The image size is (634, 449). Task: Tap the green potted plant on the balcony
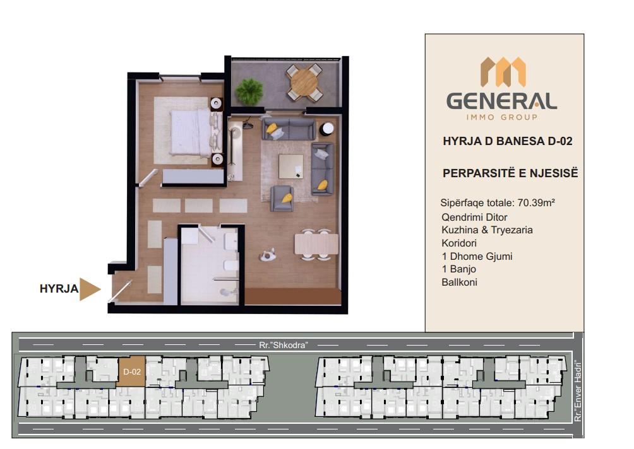(x=249, y=91)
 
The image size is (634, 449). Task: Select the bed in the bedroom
(x=191, y=132)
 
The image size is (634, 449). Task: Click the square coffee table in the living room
(x=290, y=166)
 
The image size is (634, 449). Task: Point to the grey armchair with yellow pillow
(x=282, y=198)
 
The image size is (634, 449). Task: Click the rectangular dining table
(x=316, y=244)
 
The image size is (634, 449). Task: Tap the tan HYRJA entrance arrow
(x=90, y=289)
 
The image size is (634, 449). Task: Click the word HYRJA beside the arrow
(x=59, y=289)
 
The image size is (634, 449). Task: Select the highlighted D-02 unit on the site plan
(x=132, y=371)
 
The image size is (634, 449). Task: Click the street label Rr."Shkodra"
(x=284, y=345)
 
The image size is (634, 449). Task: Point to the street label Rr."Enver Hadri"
(x=578, y=391)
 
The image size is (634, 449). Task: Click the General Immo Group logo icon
(x=503, y=72)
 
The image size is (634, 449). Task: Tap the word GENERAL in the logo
(x=501, y=101)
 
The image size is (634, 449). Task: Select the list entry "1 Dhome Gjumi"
(x=477, y=257)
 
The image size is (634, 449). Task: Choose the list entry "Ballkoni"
(x=459, y=283)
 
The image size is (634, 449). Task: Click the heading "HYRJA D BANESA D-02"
(x=508, y=141)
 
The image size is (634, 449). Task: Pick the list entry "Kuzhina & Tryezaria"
(x=487, y=230)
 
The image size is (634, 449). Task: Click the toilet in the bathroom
(x=230, y=265)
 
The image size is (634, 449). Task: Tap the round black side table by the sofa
(x=327, y=129)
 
